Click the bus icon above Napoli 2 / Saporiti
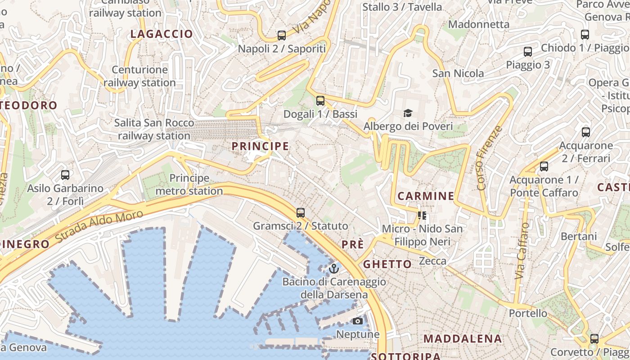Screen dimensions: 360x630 point(282,35)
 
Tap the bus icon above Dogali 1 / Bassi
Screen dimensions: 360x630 point(320,100)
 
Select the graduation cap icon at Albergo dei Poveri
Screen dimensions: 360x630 point(408,112)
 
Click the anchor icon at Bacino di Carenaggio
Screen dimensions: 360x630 point(333,269)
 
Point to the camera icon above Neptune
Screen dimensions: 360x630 point(358,321)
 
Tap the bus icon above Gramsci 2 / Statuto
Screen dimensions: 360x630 point(301,212)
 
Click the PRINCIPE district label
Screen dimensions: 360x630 point(260,146)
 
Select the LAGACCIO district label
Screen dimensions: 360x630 point(162,34)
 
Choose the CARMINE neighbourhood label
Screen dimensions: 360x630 point(426,196)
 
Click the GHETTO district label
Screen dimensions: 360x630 point(387,264)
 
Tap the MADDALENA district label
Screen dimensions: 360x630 point(463,339)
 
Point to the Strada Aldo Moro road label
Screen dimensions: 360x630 point(100,226)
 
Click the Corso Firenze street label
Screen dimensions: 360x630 point(489,158)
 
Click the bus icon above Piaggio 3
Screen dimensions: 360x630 point(528,52)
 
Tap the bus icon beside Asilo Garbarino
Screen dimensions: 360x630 point(65,175)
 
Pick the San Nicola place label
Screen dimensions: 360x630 point(458,73)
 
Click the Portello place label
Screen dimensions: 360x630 point(528,313)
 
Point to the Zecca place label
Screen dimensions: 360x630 point(432,261)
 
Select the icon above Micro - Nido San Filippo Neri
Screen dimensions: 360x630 point(422,216)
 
